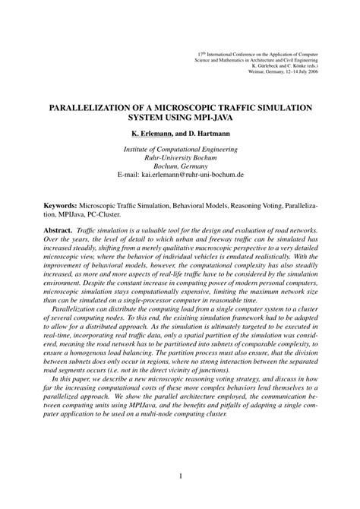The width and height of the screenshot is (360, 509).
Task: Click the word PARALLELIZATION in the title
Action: click(89, 108)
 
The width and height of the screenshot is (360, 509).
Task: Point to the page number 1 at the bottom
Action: click(180, 476)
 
